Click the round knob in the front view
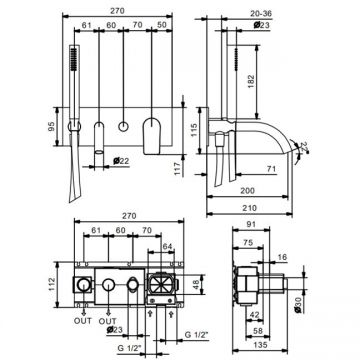coord(122,128)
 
